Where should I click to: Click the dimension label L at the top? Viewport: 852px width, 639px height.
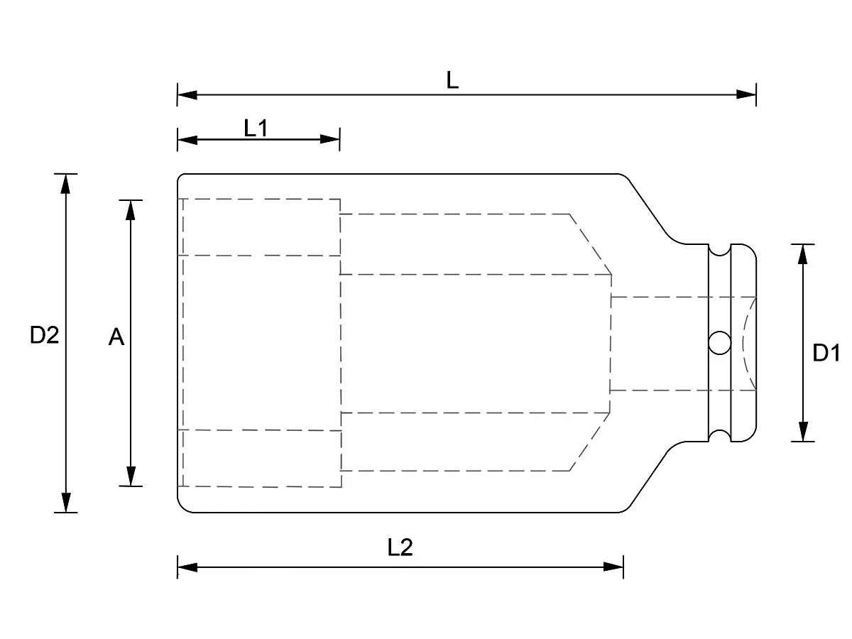point(452,80)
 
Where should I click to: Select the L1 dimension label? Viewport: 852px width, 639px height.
point(256,129)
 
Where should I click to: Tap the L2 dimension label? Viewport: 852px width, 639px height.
point(400,547)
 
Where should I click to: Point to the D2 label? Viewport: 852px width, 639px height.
point(44,335)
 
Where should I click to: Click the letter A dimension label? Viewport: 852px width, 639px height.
point(116,337)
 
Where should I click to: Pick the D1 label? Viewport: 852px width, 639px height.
point(826,353)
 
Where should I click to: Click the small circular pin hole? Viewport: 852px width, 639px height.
point(720,343)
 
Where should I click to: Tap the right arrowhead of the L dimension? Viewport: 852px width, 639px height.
point(746,94)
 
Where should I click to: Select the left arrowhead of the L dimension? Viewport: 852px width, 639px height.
point(187,94)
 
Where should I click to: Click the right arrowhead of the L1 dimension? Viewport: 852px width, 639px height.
point(330,139)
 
